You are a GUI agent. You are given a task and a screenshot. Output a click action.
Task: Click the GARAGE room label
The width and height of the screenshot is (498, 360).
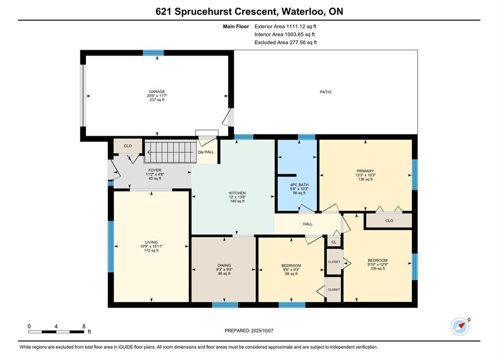(x=157, y=91)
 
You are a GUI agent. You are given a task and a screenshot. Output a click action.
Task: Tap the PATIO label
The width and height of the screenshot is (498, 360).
(x=325, y=92)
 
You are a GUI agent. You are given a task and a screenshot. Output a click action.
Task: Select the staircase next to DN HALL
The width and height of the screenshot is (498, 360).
(x=171, y=152)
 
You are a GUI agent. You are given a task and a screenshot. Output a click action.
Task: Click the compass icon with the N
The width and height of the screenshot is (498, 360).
(x=460, y=325)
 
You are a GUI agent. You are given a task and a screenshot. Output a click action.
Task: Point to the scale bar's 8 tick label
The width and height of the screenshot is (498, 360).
(x=84, y=326)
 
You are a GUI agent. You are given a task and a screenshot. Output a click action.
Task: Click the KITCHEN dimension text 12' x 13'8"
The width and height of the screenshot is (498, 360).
(x=237, y=197)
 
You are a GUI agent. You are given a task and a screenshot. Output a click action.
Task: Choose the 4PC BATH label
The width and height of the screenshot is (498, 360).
(x=299, y=184)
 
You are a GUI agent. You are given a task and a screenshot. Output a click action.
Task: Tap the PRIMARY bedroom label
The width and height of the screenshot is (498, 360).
(x=365, y=171)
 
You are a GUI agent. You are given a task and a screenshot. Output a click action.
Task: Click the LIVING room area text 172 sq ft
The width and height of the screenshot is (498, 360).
(x=151, y=250)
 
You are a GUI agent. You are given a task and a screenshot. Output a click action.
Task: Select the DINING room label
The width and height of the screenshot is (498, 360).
(x=224, y=265)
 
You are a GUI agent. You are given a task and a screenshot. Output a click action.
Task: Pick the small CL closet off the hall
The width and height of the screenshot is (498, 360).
(x=334, y=241)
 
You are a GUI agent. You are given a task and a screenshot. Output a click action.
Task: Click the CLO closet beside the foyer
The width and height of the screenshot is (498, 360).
(x=128, y=146)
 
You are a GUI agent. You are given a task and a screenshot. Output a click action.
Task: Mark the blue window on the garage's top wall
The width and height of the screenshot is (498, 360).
(x=153, y=52)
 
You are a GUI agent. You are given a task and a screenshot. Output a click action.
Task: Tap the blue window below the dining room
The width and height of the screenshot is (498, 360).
(x=225, y=305)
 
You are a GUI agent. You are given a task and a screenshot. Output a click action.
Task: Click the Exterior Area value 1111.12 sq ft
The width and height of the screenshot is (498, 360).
(x=301, y=26)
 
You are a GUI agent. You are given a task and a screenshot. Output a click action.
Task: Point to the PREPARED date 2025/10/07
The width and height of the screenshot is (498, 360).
(x=262, y=330)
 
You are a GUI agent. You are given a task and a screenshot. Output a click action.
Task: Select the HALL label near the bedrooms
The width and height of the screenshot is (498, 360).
(x=307, y=224)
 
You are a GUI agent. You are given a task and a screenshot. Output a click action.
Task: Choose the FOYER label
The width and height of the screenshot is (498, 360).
(x=155, y=170)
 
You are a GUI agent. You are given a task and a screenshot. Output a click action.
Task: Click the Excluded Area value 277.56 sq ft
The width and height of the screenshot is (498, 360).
(x=302, y=42)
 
